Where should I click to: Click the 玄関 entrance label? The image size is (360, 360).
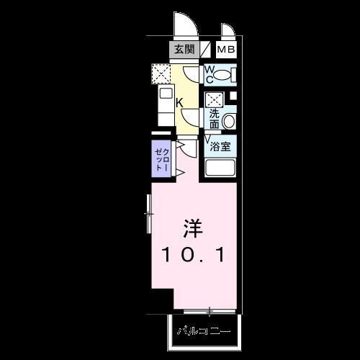[184, 50]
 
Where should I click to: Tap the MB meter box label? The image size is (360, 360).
[225, 50]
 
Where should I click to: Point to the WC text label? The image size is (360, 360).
[210, 73]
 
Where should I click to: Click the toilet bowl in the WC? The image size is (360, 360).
[227, 74]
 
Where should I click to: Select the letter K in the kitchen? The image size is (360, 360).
[179, 102]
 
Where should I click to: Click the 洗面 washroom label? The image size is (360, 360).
[214, 118]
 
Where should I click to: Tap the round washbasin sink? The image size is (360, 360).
[230, 121]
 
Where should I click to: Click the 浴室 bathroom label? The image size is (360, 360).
[220, 146]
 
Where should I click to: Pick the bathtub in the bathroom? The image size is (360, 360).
[222, 168]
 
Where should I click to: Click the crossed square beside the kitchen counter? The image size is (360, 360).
[161, 73]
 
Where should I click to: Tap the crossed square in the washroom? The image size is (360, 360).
[214, 99]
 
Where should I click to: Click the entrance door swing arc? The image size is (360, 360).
[186, 26]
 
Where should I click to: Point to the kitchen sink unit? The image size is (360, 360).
[165, 101]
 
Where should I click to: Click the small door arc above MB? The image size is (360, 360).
[228, 31]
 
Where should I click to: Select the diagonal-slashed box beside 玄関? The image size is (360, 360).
[206, 50]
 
